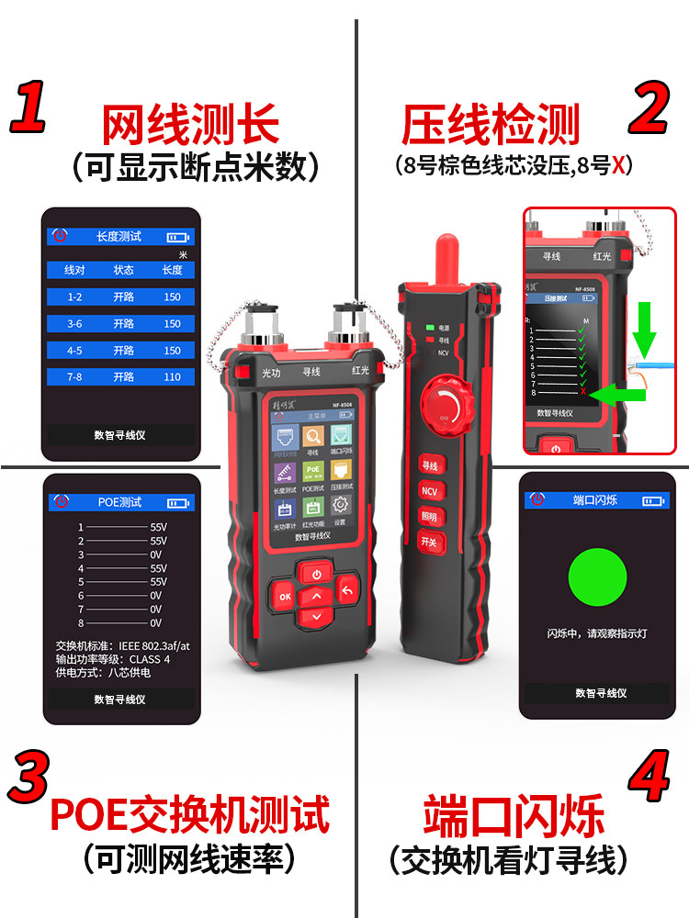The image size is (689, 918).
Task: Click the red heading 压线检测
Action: click(491, 126)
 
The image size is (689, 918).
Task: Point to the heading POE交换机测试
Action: click(189, 813)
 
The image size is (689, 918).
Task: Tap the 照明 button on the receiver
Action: click(429, 517)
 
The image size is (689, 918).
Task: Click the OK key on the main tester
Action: click(284, 597)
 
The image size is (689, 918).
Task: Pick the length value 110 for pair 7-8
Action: click(172, 377)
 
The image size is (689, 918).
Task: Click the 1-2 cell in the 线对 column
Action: click(74, 297)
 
